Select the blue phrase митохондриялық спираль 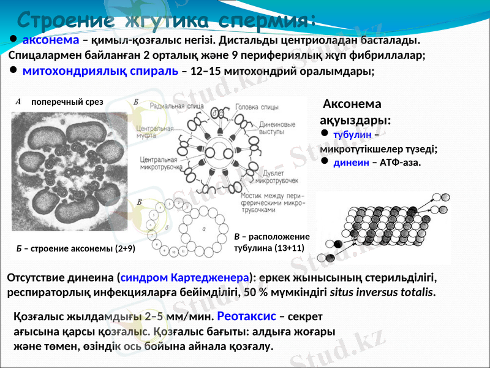(x=100, y=71)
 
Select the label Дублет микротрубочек (x=276, y=177)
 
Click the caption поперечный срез (x=67, y=102)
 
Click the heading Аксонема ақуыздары (x=355, y=112)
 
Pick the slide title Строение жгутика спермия (x=166, y=18)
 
